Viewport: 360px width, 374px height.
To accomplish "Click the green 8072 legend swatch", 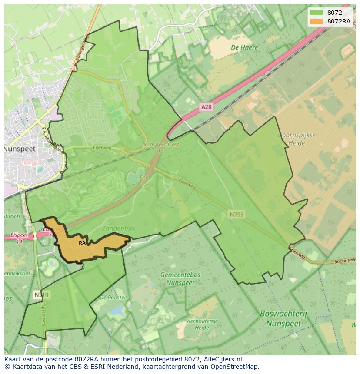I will click(x=316, y=13).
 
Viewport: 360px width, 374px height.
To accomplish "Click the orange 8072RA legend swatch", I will click(x=316, y=21).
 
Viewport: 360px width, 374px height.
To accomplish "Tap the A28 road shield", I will click(x=207, y=106).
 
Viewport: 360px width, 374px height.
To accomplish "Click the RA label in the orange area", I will click(x=82, y=243).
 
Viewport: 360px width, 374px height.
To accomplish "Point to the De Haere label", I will click(x=244, y=48).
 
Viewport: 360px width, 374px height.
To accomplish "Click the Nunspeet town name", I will click(x=20, y=149).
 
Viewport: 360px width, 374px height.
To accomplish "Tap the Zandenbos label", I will click(x=118, y=228).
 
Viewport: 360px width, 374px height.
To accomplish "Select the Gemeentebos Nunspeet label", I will click(x=180, y=278).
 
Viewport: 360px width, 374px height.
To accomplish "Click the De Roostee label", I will click(x=113, y=298).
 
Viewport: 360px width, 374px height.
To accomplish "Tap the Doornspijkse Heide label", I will click(x=297, y=139).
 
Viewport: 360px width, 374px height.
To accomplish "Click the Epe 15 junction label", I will click(x=144, y=181).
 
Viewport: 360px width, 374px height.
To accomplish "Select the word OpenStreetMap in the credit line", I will click(x=234, y=367).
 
